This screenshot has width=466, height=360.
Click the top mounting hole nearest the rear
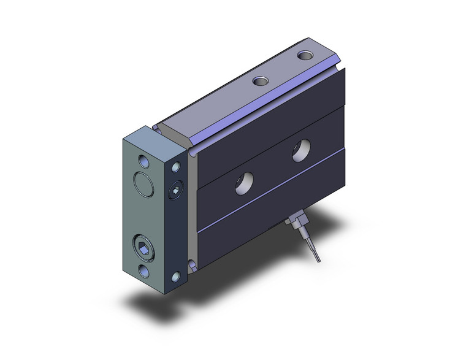point(305,56)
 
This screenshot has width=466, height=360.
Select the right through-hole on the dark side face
point(300,150)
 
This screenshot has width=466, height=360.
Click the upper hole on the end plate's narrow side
point(177,167)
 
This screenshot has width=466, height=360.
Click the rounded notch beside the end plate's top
point(161,128)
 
